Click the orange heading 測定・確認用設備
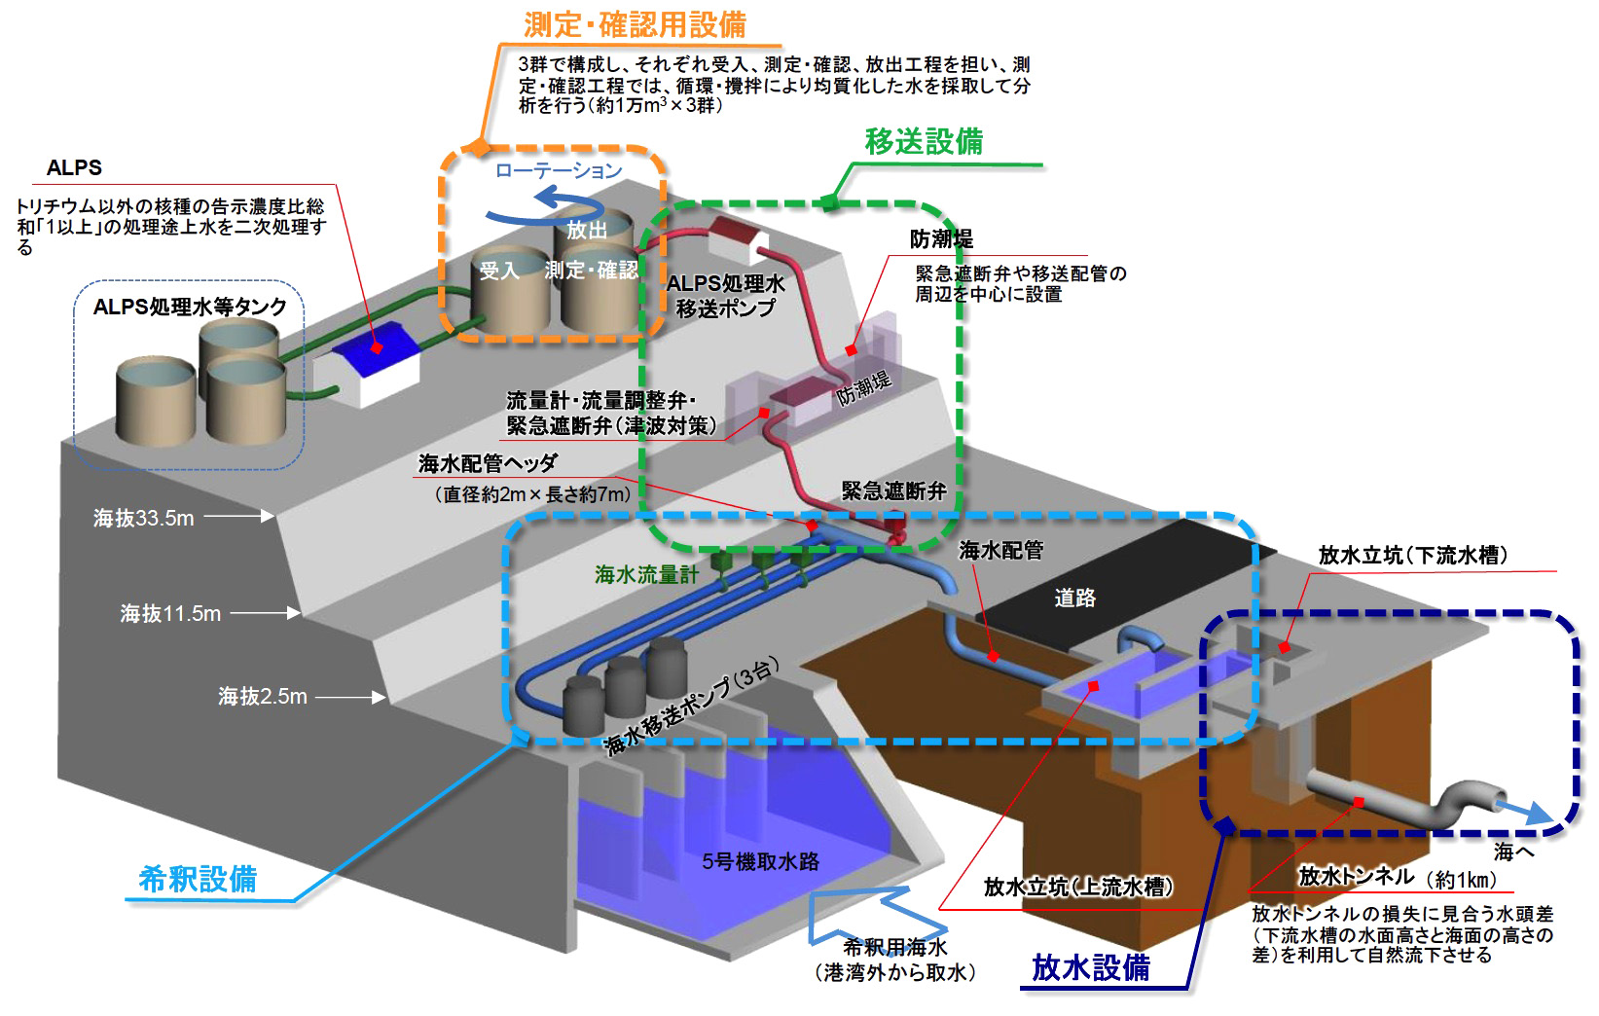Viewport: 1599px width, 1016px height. [635, 24]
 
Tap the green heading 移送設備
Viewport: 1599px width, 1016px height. [924, 142]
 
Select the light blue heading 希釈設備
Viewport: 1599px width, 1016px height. [198, 879]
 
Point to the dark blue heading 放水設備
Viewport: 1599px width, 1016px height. [1090, 967]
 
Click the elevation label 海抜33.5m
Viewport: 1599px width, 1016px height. [143, 519]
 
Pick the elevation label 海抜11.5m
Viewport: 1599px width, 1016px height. [170, 614]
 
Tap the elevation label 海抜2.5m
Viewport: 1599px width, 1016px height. [262, 697]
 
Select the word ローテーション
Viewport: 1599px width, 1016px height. [558, 171]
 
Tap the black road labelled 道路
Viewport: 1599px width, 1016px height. [1074, 598]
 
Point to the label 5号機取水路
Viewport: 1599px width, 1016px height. [760, 861]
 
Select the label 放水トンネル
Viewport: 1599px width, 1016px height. [1356, 877]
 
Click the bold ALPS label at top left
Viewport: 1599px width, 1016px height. [74, 167]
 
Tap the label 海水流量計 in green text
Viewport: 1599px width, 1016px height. [646, 575]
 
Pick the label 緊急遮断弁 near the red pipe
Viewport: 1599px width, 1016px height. [893, 491]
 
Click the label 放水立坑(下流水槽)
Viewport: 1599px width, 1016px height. [1413, 556]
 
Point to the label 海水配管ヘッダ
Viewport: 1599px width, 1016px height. [488, 464]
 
